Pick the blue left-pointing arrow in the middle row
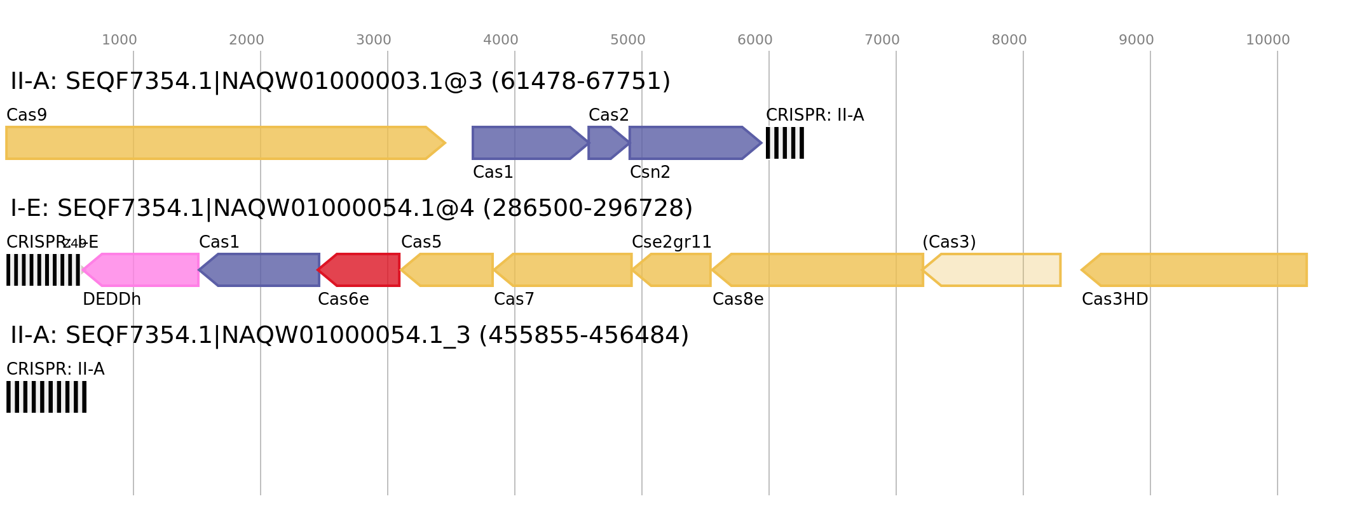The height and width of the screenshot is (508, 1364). click(261, 270)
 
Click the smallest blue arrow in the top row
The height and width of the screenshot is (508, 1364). click(606, 143)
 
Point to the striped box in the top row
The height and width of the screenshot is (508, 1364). click(785, 143)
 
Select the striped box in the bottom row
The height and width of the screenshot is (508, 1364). click(46, 397)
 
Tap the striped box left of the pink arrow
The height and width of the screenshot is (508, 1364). click(43, 270)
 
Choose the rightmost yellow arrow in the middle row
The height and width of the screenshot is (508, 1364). click(1195, 270)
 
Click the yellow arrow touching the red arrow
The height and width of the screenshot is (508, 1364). click(447, 270)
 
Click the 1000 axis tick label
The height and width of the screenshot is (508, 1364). click(119, 40)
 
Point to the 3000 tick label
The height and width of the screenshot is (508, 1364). click(374, 40)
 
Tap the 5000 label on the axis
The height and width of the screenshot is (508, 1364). click(628, 40)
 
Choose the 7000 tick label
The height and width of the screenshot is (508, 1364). click(882, 40)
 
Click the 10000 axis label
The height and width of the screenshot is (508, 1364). click(1268, 40)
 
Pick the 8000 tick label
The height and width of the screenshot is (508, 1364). click(1009, 40)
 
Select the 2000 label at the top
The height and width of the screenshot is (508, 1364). click(247, 40)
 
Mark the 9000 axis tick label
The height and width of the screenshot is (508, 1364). click(1136, 40)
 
